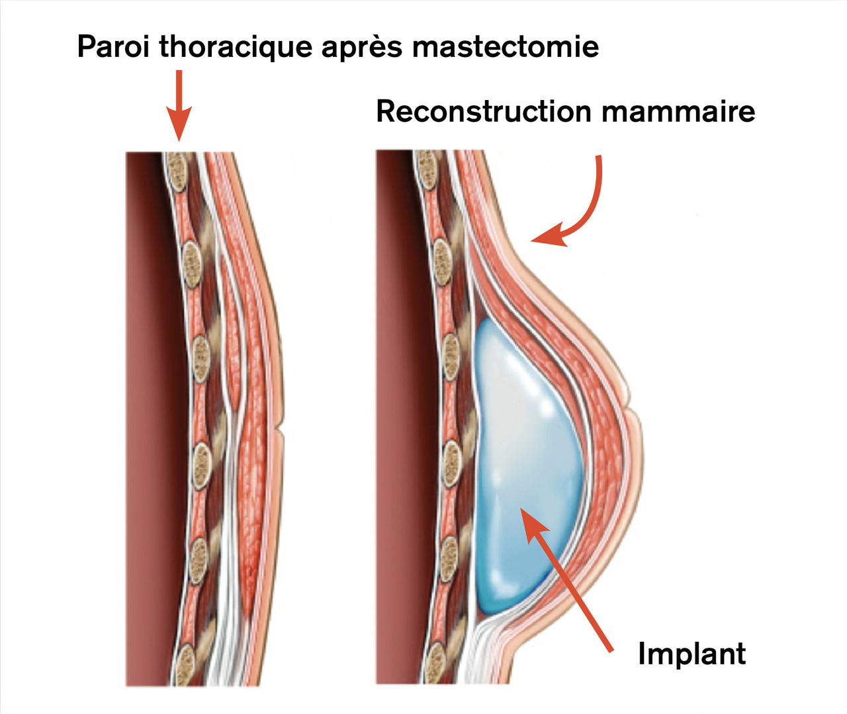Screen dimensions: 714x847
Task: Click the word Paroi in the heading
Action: pyautogui.click(x=114, y=47)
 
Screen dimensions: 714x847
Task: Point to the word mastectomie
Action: pyautogui.click(x=505, y=47)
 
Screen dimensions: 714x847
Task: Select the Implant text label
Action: pyautogui.click(x=691, y=654)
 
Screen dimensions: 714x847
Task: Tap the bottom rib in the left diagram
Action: pyautogui.click(x=186, y=662)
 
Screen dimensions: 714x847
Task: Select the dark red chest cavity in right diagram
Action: pyautogui.click(x=397, y=417)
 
